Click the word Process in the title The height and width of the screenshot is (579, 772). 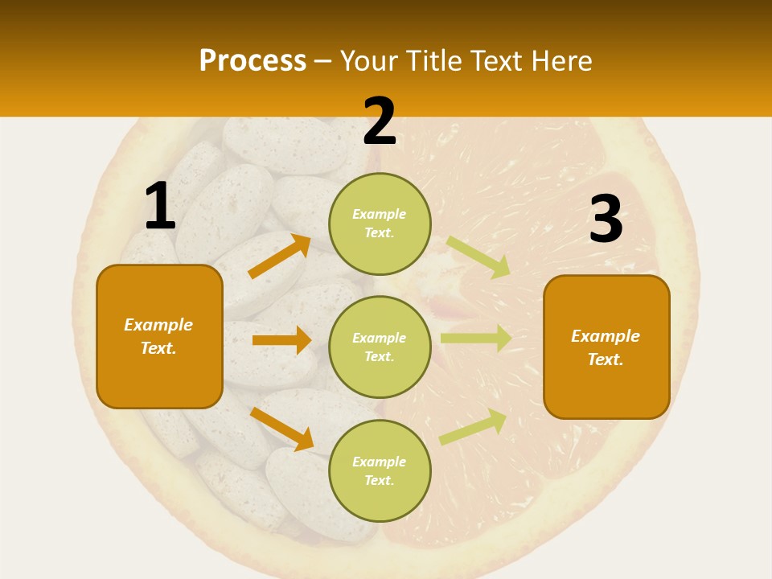tap(253, 61)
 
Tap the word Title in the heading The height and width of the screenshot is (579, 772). tap(433, 61)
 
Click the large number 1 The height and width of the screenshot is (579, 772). tap(160, 207)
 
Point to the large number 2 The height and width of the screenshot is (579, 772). tap(380, 122)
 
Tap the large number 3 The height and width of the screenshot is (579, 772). tap(606, 220)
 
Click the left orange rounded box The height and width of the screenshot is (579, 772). tap(159, 336)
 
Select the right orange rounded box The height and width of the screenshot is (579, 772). tap(606, 347)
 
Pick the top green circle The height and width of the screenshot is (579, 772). tap(380, 224)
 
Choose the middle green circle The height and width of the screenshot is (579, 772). tap(380, 347)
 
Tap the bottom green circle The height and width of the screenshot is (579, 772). tap(380, 470)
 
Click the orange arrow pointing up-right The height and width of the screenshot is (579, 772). tap(279, 257)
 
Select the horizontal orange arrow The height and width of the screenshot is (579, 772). tap(281, 340)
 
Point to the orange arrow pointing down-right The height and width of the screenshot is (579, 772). tap(281, 429)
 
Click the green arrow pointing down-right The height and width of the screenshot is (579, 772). tap(478, 257)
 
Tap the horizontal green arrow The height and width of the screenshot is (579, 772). tap(475, 339)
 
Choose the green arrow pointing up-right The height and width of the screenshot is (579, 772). tap(473, 426)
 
